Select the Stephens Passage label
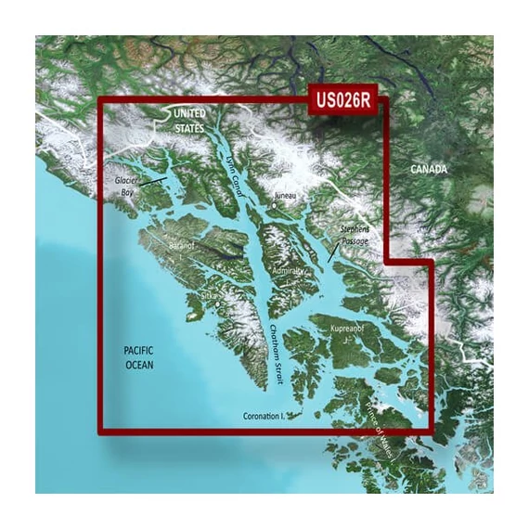[x=354, y=234]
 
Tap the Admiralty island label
[x=287, y=270]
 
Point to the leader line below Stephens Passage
[x=332, y=252]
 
